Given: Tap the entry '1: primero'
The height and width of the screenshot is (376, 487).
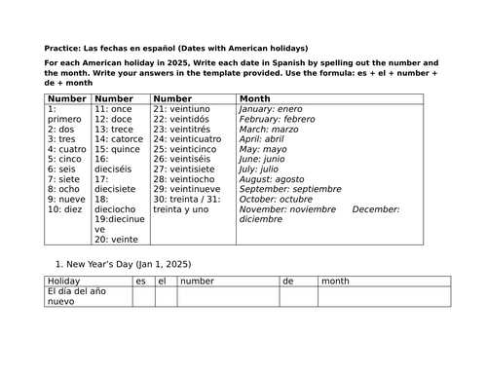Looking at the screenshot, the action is click(x=66, y=117).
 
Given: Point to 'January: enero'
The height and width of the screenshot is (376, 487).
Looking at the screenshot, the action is click(x=277, y=110).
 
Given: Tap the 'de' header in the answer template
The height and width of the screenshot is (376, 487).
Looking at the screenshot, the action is click(x=288, y=281).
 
